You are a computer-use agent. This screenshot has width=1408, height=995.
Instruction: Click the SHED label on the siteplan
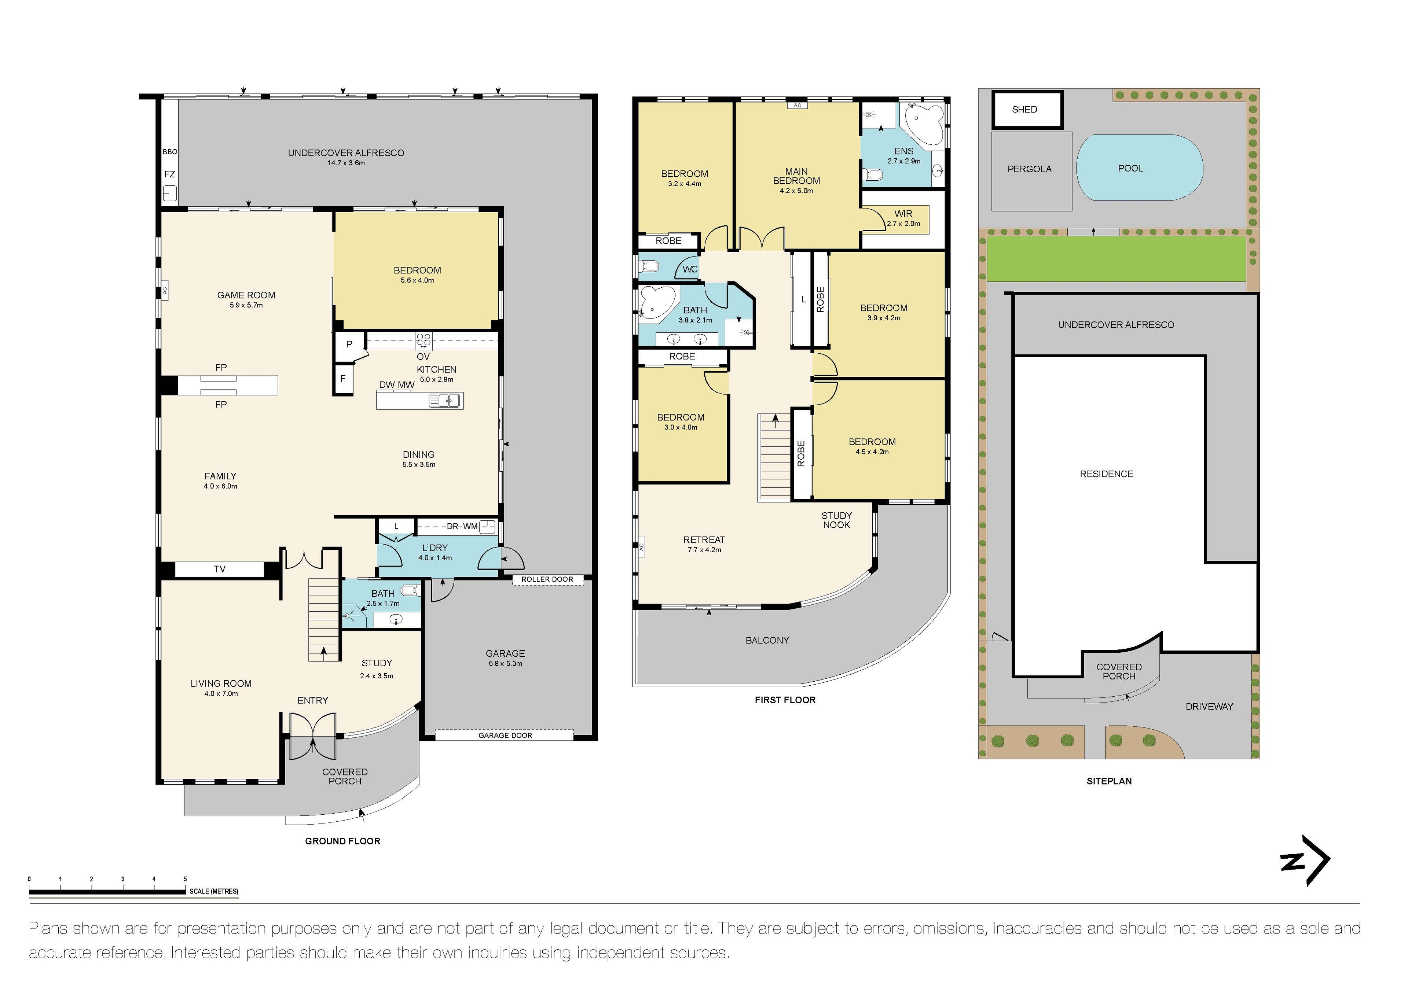tap(1024, 110)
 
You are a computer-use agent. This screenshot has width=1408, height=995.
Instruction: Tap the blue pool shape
tap(1139, 167)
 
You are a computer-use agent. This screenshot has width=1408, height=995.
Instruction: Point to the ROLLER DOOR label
tap(547, 579)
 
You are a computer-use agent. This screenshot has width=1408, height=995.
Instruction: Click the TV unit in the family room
tap(220, 569)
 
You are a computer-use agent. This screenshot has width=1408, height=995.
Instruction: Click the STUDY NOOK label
tap(836, 520)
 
